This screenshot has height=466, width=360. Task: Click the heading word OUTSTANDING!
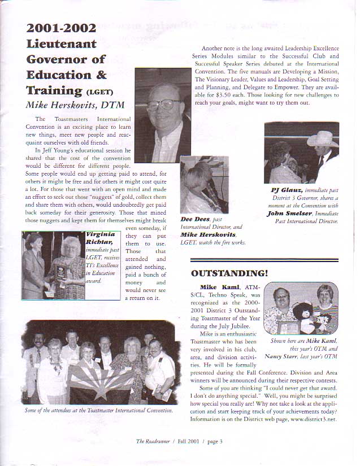(x=229, y=274)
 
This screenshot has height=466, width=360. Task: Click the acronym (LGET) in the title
(x=102, y=92)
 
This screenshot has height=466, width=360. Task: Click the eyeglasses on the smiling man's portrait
(x=163, y=104)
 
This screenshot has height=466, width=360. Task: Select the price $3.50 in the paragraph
(x=220, y=96)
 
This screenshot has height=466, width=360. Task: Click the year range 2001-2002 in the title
(x=61, y=28)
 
